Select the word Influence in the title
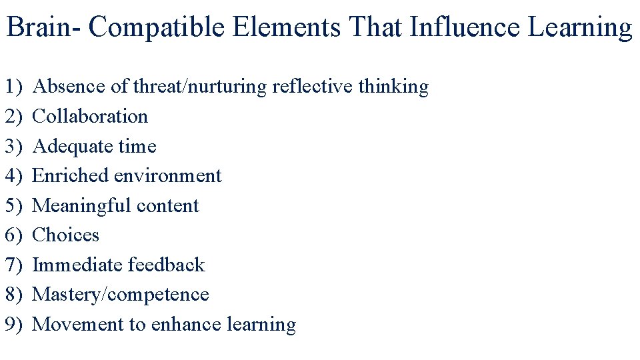(x=463, y=28)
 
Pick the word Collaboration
(x=90, y=116)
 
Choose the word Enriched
(x=70, y=175)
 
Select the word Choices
(x=65, y=235)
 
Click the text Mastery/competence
(x=121, y=294)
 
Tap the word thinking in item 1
(x=393, y=87)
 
